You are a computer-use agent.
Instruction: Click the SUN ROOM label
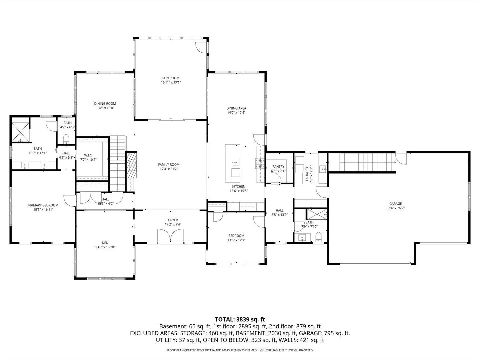click(171, 78)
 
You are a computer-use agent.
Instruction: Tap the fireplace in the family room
click(131, 164)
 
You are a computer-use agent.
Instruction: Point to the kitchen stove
click(260, 163)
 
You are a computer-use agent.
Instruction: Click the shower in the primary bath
click(21, 132)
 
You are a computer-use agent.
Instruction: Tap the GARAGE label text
click(395, 204)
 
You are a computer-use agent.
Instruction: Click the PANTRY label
click(278, 167)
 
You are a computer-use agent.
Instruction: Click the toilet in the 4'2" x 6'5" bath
click(66, 138)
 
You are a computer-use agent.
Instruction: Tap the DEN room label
click(105, 243)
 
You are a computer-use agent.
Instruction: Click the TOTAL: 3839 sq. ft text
click(240, 319)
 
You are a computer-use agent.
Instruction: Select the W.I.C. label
click(88, 155)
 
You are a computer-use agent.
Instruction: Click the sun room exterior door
click(201, 48)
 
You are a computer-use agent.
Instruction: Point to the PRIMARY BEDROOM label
click(43, 205)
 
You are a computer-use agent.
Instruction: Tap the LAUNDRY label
click(307, 174)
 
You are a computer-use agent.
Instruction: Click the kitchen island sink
click(236, 162)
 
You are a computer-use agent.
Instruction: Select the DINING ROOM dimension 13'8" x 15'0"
click(105, 108)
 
